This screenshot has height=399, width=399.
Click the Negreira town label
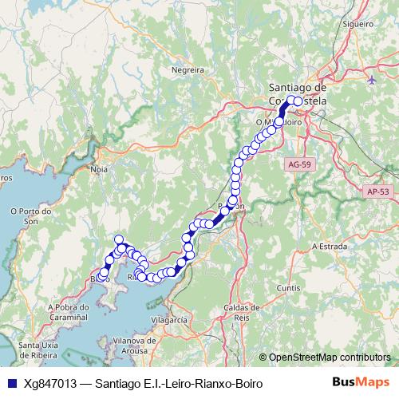[188, 69]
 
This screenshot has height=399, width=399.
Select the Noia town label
[100, 169]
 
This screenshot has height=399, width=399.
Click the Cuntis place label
[287, 287]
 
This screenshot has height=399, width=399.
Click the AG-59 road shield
[296, 163]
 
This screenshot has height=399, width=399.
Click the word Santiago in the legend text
[117, 383]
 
